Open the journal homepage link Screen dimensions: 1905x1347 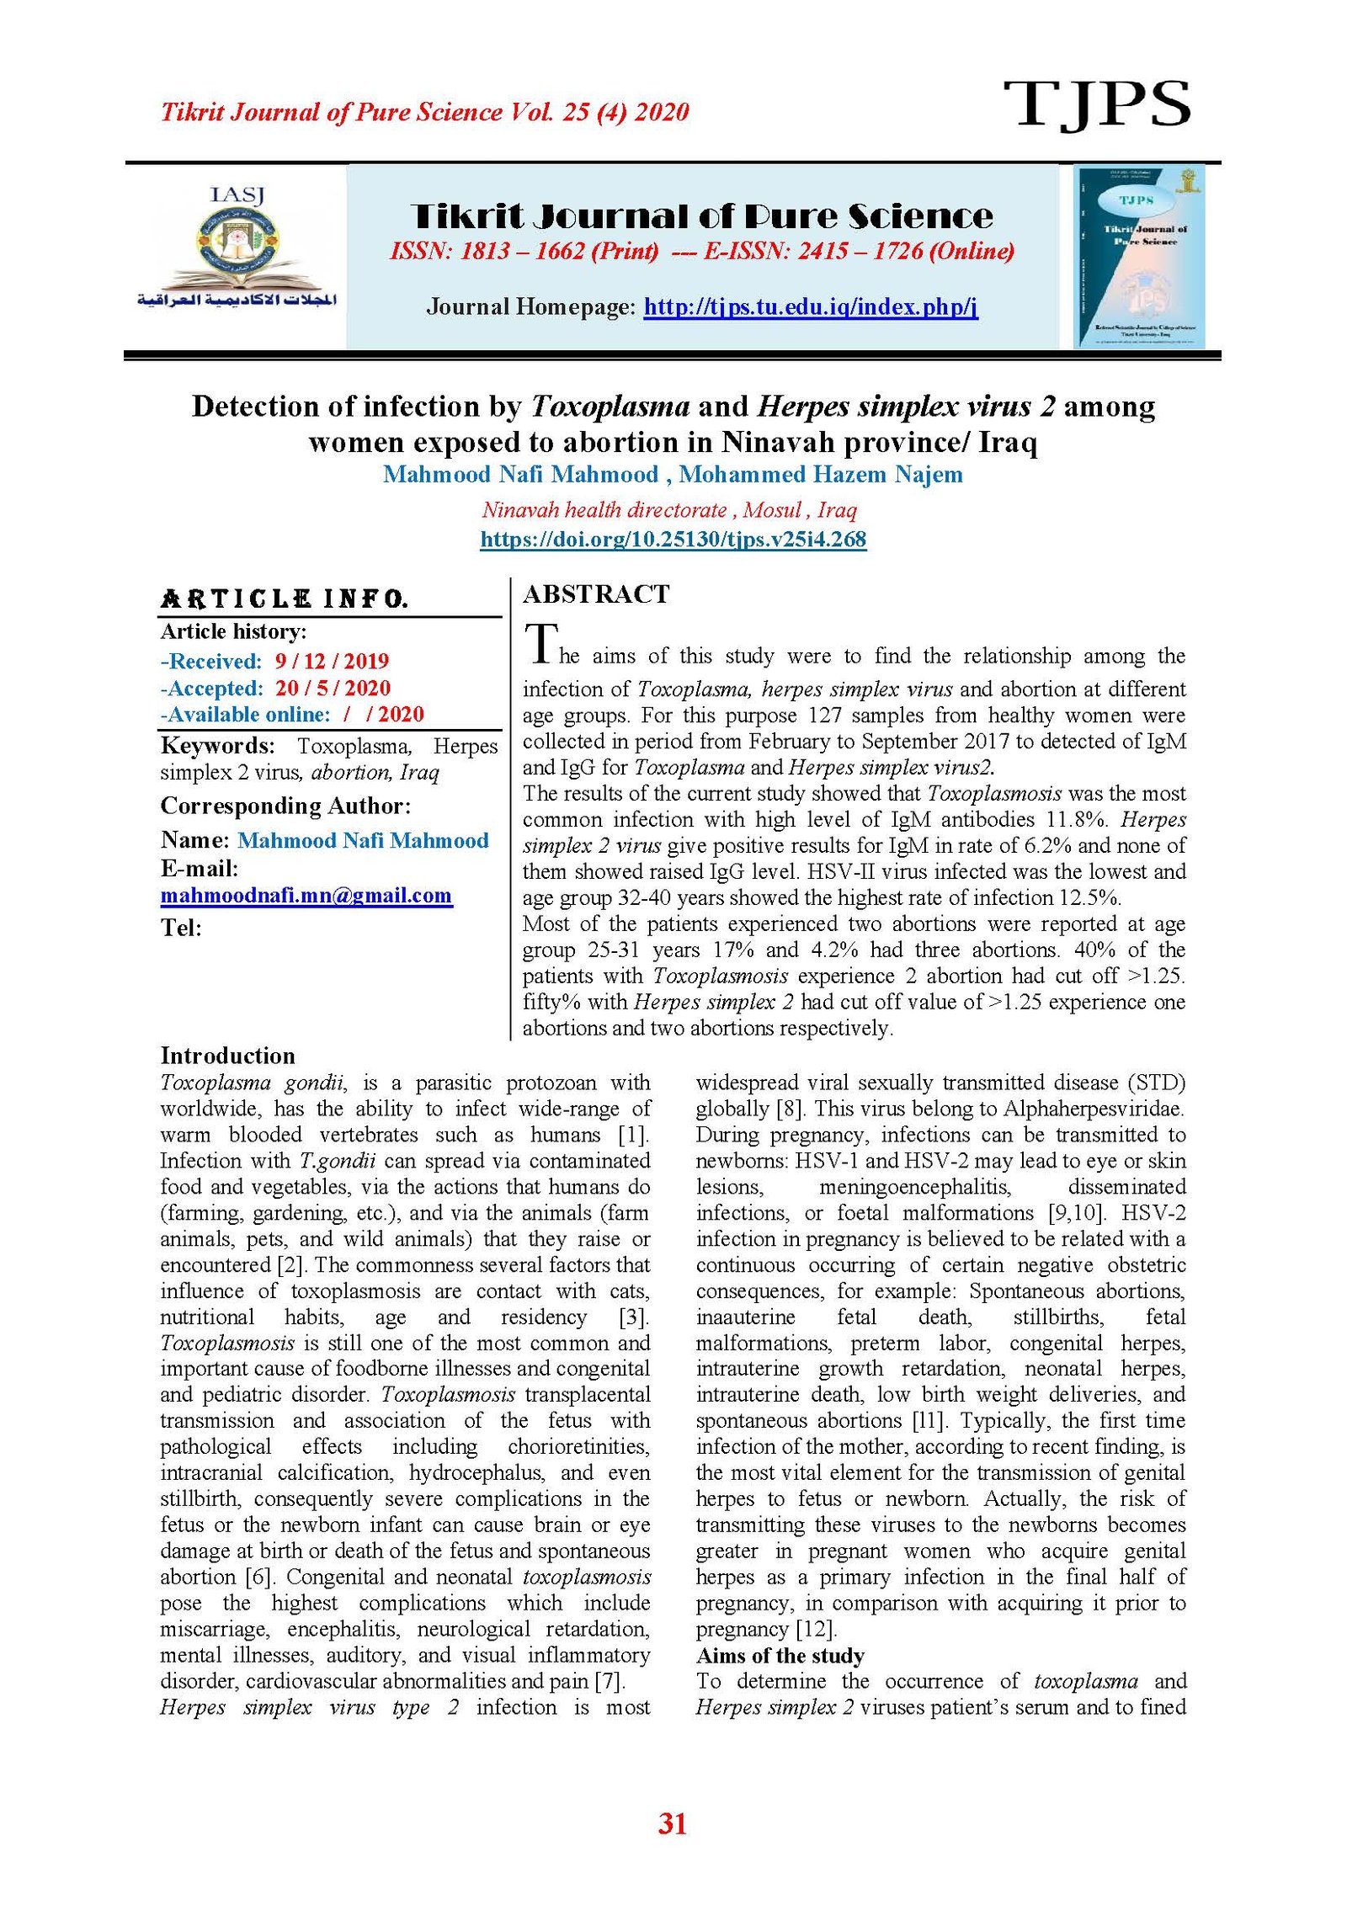pyautogui.click(x=810, y=306)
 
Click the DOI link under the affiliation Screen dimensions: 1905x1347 pyautogui.click(x=673, y=539)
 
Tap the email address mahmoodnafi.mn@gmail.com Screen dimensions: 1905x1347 pyautogui.click(x=306, y=895)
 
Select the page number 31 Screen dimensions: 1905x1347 pyautogui.click(x=672, y=1823)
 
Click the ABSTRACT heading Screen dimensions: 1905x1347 pyautogui.click(x=596, y=594)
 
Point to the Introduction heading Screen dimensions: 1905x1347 pyautogui.click(x=227, y=1056)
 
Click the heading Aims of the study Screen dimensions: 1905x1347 pyautogui.click(x=780, y=1656)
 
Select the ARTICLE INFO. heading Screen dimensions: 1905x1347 pyautogui.click(x=285, y=599)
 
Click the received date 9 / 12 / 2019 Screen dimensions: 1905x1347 pyautogui.click(x=332, y=661)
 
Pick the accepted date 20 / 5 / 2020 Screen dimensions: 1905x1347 pyautogui.click(x=333, y=688)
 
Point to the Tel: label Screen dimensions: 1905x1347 pyautogui.click(x=181, y=928)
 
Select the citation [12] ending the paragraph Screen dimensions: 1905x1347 pyautogui.click(x=816, y=1629)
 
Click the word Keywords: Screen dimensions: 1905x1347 pyautogui.click(x=217, y=745)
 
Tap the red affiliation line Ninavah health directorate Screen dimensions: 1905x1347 pyautogui.click(x=668, y=509)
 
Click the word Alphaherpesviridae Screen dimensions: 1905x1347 pyautogui.click(x=1093, y=1109)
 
